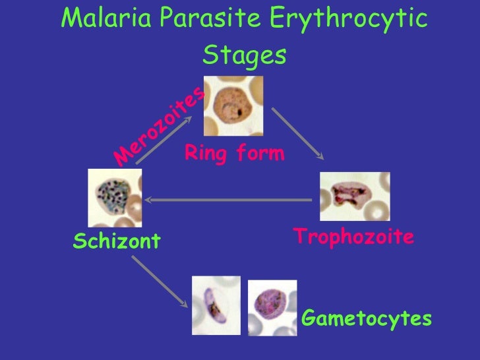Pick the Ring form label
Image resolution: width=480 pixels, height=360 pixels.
(x=234, y=154)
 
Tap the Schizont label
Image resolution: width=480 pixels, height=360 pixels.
(x=117, y=241)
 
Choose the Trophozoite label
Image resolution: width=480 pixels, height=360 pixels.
(x=353, y=236)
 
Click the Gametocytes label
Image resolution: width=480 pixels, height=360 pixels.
(x=367, y=319)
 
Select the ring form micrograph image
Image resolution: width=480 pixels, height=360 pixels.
(x=233, y=105)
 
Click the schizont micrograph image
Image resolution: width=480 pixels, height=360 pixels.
(x=115, y=197)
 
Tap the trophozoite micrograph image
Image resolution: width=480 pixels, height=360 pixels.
(x=355, y=196)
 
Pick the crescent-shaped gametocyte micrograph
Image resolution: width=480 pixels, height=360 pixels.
(x=216, y=305)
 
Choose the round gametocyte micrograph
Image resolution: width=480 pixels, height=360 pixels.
(x=272, y=307)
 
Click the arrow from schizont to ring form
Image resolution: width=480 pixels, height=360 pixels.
(x=165, y=140)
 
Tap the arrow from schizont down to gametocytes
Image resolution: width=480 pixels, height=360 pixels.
(x=158, y=282)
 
